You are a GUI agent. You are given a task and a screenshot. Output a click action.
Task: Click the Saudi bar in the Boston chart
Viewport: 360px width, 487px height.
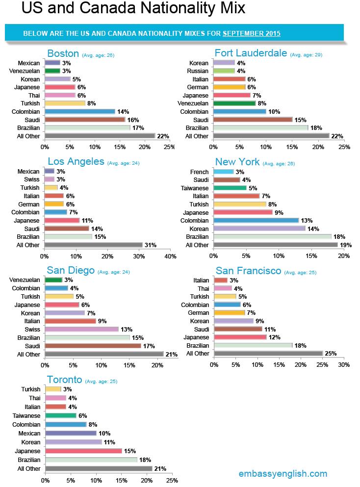tap(85, 119)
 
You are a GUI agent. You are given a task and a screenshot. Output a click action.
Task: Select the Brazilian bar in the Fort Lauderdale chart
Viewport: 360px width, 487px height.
tap(261, 128)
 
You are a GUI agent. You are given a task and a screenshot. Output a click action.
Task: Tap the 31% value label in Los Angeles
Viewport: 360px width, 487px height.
tap(150, 245)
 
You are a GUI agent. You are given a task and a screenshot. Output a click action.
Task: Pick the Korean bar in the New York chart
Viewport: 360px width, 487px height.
tap(259, 229)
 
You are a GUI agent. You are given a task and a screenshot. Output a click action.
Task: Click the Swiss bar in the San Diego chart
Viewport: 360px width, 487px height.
tap(81, 329)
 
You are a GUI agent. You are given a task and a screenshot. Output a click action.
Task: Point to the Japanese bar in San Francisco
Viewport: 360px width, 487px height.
tap(240, 337)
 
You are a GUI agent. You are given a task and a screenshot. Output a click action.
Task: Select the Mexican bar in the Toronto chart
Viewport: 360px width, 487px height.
tap(71, 433)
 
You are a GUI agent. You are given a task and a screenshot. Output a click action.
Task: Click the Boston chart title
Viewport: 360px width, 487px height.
tap(63, 53)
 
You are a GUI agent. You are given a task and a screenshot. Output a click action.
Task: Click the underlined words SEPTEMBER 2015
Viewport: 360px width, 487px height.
tap(252, 34)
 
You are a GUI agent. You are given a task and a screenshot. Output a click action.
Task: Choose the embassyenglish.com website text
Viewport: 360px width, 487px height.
tap(283, 473)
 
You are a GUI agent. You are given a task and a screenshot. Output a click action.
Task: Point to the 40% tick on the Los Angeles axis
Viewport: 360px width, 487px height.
tap(170, 256)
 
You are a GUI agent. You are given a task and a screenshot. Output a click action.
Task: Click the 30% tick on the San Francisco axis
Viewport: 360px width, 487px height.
tap(343, 364)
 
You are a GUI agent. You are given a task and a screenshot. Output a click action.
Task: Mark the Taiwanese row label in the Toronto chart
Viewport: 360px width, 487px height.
tap(27, 415)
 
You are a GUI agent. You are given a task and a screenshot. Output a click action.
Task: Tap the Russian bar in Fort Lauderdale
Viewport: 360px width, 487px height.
tap(224, 71)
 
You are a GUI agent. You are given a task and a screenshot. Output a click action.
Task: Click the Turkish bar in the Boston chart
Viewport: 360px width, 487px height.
tap(65, 103)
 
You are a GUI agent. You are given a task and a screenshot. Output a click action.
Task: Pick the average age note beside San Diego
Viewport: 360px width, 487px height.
tap(114, 272)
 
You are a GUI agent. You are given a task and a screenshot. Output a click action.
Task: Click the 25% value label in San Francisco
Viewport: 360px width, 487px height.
tap(330, 353)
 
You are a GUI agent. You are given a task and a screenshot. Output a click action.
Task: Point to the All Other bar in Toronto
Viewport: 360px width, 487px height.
tap(98, 468)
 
